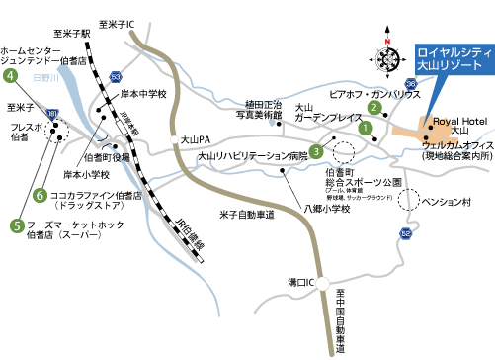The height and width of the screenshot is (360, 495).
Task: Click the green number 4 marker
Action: pos(11,74)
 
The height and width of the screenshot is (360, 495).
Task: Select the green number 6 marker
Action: pos(41,195)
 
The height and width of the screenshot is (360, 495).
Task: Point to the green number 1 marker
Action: pos(366,127)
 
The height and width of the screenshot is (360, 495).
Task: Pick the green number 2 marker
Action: pos(374,107)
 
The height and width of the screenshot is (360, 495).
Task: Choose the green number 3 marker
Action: pos(316,151)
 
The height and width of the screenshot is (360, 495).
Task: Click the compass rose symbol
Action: pos(384,58)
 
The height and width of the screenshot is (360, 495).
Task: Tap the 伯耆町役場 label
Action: pos(107,156)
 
